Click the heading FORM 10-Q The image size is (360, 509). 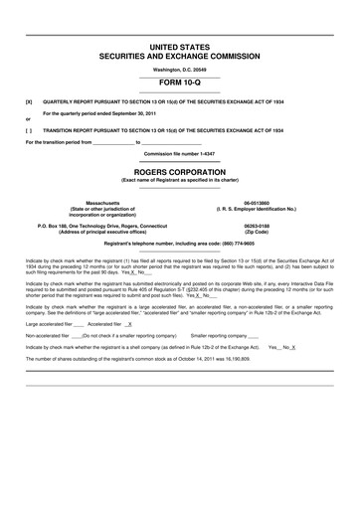180,85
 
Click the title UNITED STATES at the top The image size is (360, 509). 180,47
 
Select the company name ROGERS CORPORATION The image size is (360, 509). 180,170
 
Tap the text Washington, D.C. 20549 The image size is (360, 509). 180,70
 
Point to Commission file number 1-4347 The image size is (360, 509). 180,154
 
